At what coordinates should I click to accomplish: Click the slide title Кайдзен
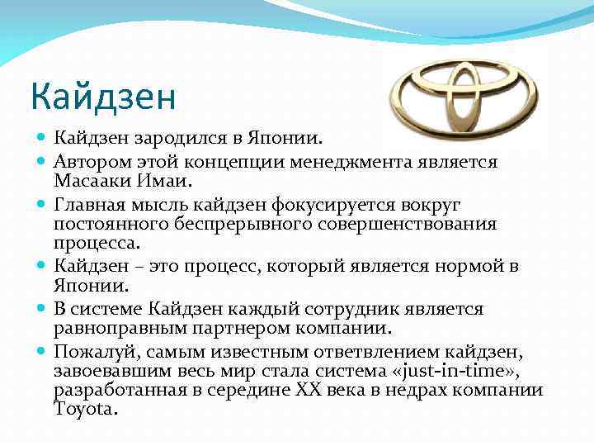point(103,97)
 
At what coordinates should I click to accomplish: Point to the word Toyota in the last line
point(86,409)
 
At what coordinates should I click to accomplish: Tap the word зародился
point(175,135)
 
